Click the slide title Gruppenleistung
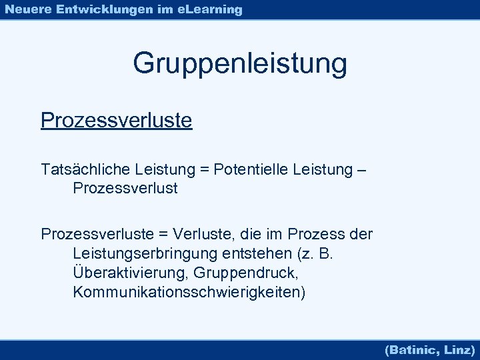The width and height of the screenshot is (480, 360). pyautogui.click(x=240, y=64)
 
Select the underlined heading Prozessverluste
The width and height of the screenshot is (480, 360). pyautogui.click(x=116, y=121)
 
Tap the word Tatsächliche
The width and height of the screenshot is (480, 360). pyautogui.click(x=85, y=170)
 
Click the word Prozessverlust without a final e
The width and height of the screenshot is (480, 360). pyautogui.click(x=125, y=189)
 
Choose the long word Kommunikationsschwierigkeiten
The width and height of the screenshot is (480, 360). pyautogui.click(x=189, y=293)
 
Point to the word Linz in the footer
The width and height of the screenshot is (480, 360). pyautogui.click(x=458, y=349)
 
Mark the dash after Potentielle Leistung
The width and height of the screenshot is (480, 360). pyautogui.click(x=361, y=171)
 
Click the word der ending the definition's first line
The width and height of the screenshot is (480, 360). pyautogui.click(x=361, y=235)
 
